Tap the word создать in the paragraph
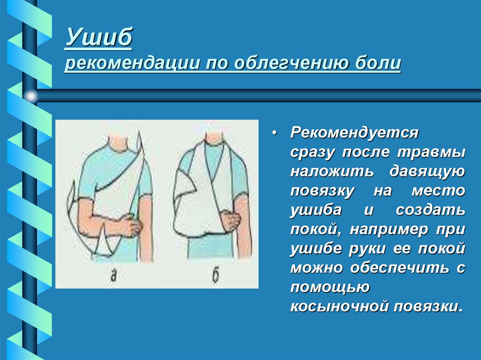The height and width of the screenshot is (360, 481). [x=431, y=210]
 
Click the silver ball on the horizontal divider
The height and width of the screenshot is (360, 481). [x=31, y=96]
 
